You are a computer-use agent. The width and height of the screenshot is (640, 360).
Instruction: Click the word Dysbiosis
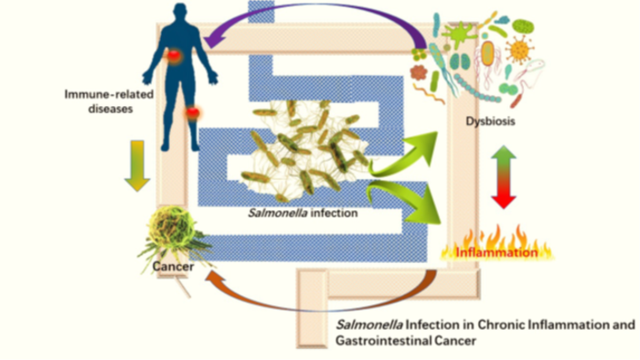click(490, 122)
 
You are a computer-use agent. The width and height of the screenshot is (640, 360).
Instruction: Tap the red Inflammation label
click(496, 253)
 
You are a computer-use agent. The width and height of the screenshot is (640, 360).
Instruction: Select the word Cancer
click(173, 267)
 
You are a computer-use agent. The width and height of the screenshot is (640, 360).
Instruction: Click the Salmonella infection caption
click(303, 213)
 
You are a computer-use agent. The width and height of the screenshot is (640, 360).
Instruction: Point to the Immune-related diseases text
click(109, 101)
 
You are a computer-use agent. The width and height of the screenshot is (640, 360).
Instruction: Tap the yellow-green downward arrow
click(137, 166)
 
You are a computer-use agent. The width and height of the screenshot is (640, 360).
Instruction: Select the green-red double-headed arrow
click(504, 177)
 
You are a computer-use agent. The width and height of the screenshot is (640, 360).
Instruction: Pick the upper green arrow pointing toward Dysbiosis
click(404, 155)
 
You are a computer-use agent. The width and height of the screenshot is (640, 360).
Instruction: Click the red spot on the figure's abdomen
click(175, 56)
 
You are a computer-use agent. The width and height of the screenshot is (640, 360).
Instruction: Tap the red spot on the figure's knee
click(193, 112)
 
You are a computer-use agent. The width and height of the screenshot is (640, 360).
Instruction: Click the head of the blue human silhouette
click(180, 13)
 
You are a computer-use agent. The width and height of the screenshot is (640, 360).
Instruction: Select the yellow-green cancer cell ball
click(169, 228)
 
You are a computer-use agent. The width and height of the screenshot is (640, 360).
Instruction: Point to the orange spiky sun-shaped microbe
click(519, 49)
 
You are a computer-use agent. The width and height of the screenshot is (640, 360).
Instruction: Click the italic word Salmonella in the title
click(369, 325)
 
